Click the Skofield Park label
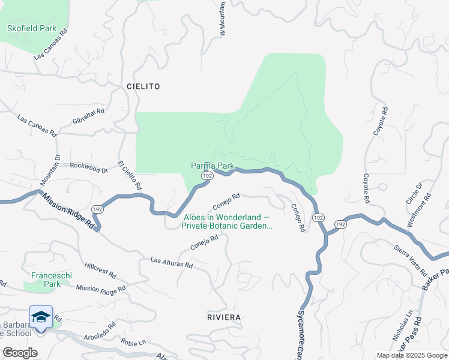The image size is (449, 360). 31,28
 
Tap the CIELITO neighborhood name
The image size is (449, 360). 143,86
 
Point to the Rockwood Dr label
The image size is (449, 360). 88,169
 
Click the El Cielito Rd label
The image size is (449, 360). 130,175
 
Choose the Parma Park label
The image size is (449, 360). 212,166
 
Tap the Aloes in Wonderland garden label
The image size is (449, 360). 227,222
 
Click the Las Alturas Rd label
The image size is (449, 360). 172,263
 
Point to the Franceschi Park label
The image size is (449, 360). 52,280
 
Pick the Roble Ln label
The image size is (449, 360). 133,343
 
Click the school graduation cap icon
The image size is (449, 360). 41,317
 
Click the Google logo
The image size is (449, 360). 20,353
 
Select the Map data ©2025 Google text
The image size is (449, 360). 412,355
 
